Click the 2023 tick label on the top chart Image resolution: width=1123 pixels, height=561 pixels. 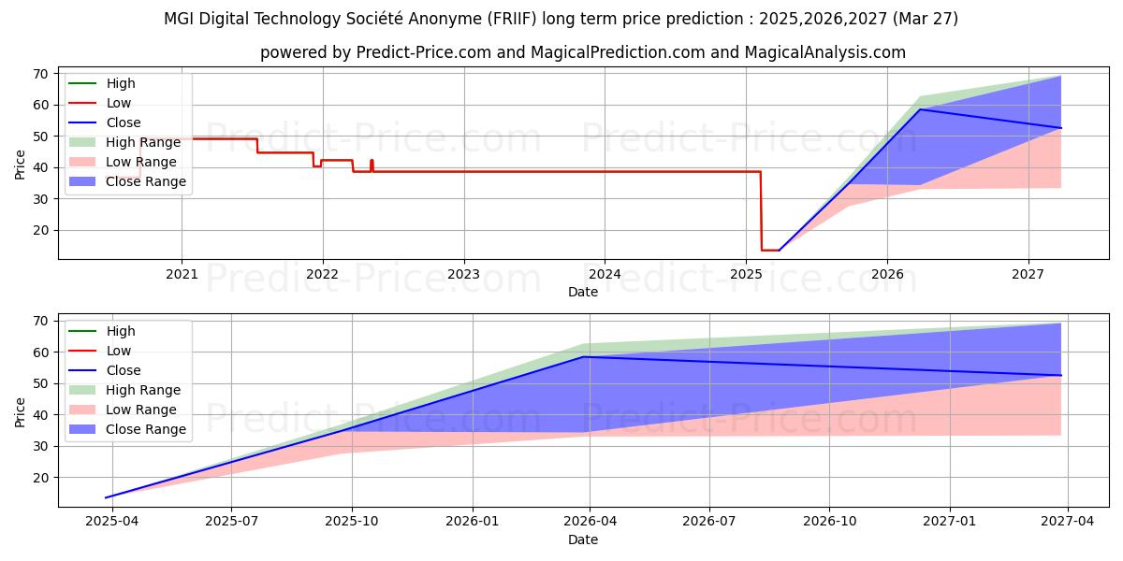[463, 274]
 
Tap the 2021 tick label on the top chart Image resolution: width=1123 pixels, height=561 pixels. [182, 274]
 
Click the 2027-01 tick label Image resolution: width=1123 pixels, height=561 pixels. [950, 522]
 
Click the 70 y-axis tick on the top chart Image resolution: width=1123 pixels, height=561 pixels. [42, 74]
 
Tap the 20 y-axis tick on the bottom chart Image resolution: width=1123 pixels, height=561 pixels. [42, 478]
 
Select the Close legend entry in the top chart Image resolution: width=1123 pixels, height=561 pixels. [124, 122]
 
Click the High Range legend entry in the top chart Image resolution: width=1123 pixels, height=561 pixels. [143, 142]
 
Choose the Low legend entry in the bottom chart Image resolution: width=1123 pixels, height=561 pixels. [119, 351]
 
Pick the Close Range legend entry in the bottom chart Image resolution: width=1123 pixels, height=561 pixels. [146, 429]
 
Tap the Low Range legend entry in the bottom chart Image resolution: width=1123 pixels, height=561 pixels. [141, 410]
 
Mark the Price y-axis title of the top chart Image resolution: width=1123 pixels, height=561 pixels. [20, 165]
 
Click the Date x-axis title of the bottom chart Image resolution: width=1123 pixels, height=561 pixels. [583, 539]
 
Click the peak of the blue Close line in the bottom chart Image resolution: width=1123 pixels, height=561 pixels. [584, 356]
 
